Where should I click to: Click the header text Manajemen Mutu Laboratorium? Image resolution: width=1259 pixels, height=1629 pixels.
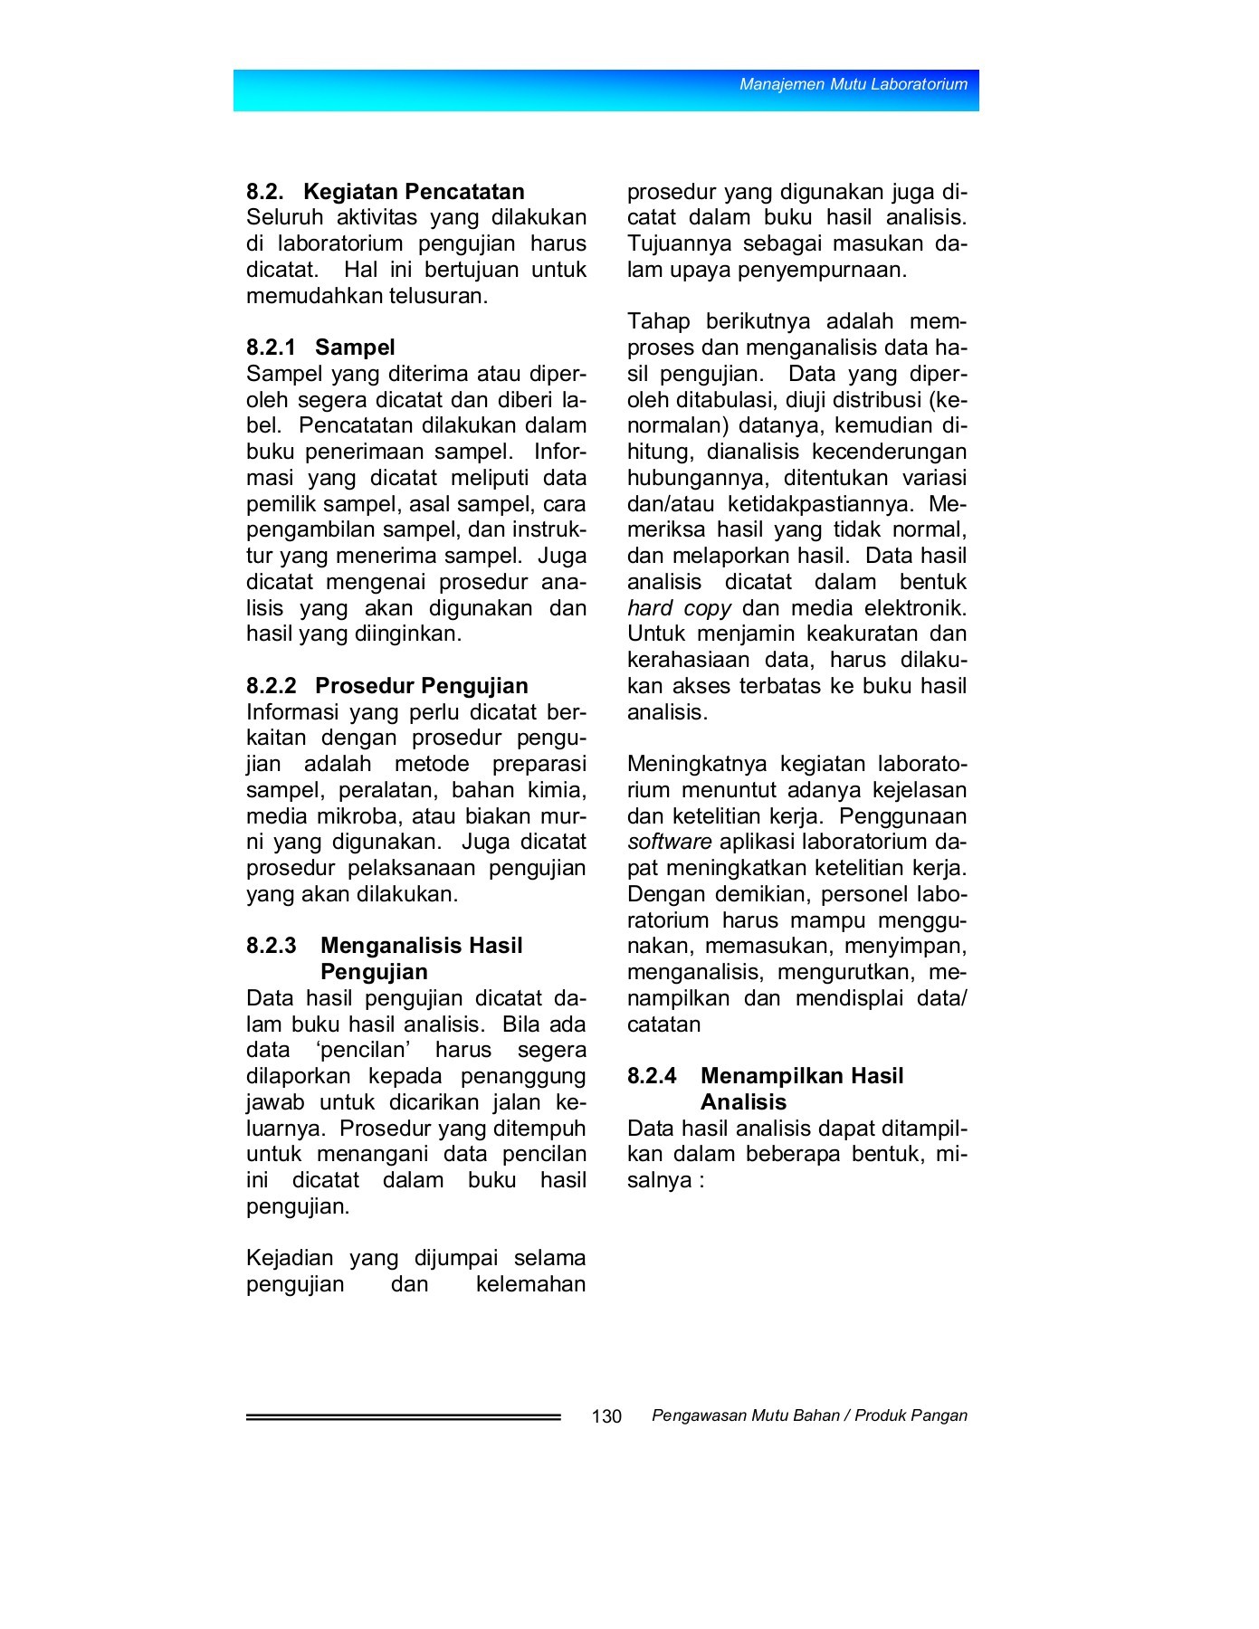[x=854, y=84]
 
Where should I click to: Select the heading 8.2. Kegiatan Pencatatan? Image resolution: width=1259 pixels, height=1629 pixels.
[x=386, y=192]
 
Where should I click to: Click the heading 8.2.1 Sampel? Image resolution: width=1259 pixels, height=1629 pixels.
[x=320, y=348]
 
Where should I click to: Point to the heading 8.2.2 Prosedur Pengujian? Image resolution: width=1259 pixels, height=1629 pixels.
[x=387, y=686]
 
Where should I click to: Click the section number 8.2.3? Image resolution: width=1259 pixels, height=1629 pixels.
[x=272, y=947]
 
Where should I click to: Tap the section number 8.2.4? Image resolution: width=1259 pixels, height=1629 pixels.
[x=652, y=1077]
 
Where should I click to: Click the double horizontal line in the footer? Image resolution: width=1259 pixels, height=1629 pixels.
[x=403, y=1417]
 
